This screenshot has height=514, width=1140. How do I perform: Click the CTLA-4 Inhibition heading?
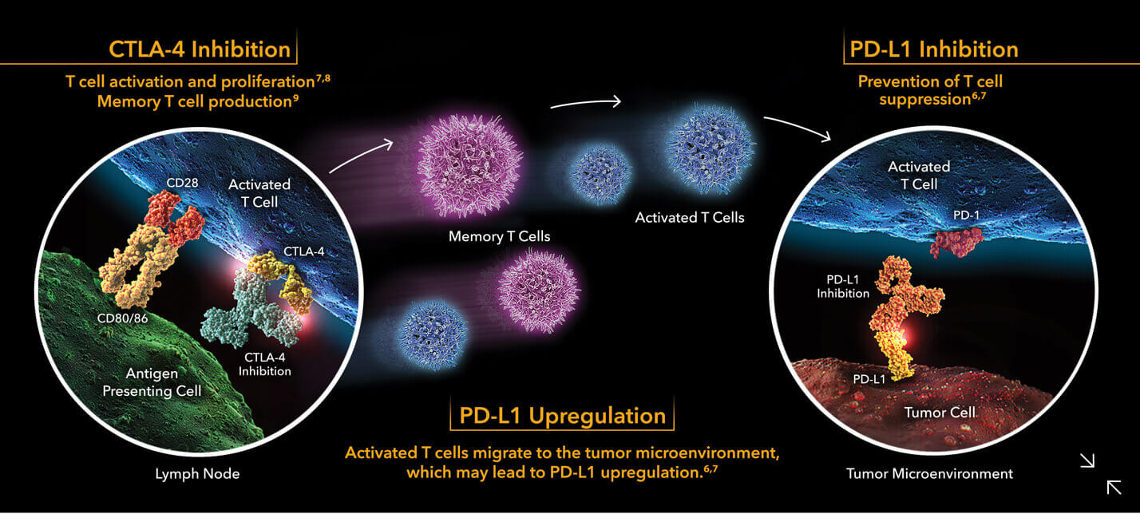pyautogui.click(x=200, y=49)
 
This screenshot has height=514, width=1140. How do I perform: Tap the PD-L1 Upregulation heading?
pyautogui.click(x=562, y=415)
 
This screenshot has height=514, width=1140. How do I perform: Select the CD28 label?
pyautogui.click(x=182, y=183)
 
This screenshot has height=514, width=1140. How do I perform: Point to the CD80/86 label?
pyautogui.click(x=122, y=318)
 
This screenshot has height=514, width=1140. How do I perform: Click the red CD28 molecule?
pyautogui.click(x=176, y=216)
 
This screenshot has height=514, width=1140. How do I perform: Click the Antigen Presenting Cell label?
pyautogui.click(x=152, y=382)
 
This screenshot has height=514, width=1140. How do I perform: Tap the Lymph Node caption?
pyautogui.click(x=197, y=474)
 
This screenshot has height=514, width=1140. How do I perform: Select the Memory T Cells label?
pyautogui.click(x=499, y=236)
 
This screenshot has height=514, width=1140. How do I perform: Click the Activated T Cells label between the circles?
pyautogui.click(x=690, y=218)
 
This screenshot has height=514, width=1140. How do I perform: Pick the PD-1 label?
pyautogui.click(x=966, y=215)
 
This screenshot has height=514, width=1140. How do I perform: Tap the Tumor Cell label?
pyautogui.click(x=940, y=412)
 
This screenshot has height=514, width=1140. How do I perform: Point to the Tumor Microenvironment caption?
pyautogui.click(x=929, y=474)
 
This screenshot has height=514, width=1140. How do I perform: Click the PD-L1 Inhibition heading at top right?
pyautogui.click(x=934, y=49)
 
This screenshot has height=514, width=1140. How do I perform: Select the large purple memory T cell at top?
pyautogui.click(x=469, y=165)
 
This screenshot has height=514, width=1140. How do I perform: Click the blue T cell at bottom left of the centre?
pyautogui.click(x=433, y=334)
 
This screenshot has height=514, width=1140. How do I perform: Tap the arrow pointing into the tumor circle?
pyautogui.click(x=798, y=127)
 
